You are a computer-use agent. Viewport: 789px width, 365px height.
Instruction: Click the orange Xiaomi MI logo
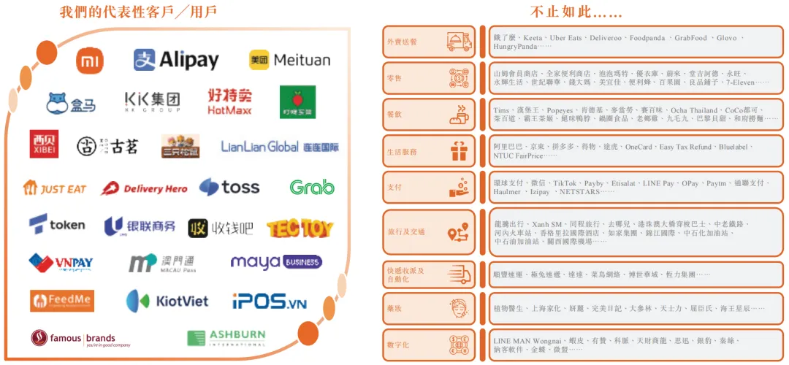coord(91,61)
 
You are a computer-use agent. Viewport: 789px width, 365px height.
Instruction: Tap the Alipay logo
coord(176,60)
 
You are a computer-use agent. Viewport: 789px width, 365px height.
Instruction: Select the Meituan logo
coord(289,60)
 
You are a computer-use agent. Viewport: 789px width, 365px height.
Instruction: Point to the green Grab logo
coord(312,188)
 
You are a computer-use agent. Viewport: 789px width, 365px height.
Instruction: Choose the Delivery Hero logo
coord(144,188)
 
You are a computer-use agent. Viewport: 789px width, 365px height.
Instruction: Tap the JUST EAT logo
coord(55,188)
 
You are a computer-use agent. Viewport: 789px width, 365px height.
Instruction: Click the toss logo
coord(229,188)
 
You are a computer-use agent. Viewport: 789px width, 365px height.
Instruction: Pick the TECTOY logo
coord(300,228)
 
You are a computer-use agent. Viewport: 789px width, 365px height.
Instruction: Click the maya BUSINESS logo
coord(276,262)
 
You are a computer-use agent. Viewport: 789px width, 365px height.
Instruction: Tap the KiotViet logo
coord(167,301)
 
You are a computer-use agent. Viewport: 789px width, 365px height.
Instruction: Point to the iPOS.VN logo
coord(270,301)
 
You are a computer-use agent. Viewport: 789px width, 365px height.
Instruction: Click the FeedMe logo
coord(62,301)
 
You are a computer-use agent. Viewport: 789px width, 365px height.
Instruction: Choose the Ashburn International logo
coord(226,338)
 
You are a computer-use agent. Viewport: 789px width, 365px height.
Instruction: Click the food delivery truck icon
coord(458,42)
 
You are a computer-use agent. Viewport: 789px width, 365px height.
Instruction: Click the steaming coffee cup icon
coord(458,115)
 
